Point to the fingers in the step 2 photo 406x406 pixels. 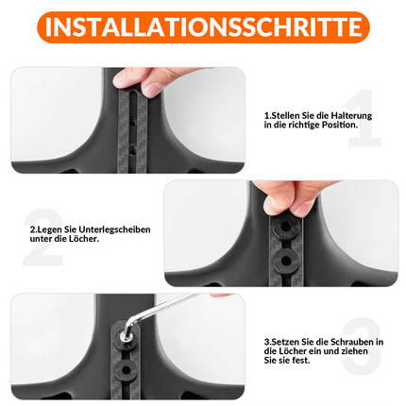coord(289,198)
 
